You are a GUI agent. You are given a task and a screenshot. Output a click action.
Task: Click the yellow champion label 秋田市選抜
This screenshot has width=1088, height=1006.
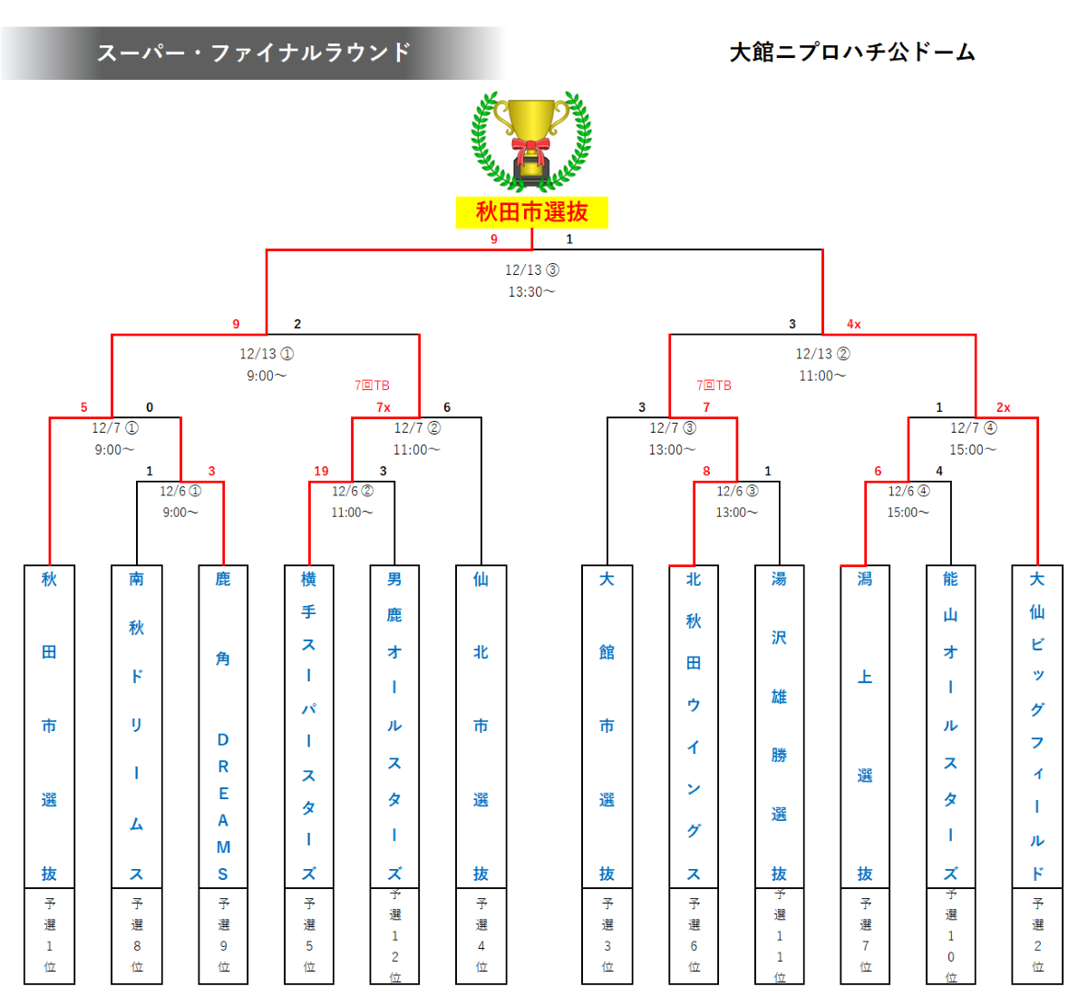point(532,212)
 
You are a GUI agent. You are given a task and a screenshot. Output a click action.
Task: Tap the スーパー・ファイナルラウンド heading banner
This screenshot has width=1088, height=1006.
point(254,53)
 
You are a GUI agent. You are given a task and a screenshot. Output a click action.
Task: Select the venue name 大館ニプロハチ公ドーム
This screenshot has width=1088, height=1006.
point(852,53)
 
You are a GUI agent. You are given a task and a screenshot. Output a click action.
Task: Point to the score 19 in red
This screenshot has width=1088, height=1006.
point(321,471)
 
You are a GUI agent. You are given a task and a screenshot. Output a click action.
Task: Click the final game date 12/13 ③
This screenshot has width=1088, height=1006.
point(532,269)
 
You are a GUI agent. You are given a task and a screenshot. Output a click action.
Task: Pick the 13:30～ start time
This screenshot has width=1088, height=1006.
point(532,291)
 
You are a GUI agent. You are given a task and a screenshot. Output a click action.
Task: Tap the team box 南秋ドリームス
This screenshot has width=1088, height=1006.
point(137,726)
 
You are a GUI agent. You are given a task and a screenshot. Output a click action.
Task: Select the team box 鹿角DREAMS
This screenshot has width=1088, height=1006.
point(223,726)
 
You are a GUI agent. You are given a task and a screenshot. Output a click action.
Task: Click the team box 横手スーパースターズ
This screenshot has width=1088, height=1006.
point(309,726)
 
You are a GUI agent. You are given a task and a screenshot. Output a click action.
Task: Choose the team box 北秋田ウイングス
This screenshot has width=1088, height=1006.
point(694,726)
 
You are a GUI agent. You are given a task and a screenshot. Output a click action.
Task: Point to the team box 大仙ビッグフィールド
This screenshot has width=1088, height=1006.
point(1037,726)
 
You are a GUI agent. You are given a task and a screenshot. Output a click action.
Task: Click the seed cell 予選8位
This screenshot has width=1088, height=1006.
point(137,935)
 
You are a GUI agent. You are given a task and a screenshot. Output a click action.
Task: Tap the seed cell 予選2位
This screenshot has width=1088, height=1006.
point(1037,935)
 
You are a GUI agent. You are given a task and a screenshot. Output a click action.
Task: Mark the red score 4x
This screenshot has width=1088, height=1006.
point(853,324)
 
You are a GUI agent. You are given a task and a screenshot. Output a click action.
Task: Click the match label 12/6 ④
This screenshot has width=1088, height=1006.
point(908,491)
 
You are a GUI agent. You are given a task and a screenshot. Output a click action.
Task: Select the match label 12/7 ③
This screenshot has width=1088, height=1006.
point(673,427)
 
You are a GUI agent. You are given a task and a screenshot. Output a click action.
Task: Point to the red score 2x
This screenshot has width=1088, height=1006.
point(1003,407)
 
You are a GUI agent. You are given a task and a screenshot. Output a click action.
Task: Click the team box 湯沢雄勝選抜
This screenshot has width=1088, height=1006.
point(779,726)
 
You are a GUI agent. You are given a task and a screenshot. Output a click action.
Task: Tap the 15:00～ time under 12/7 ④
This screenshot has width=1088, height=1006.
point(973,449)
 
